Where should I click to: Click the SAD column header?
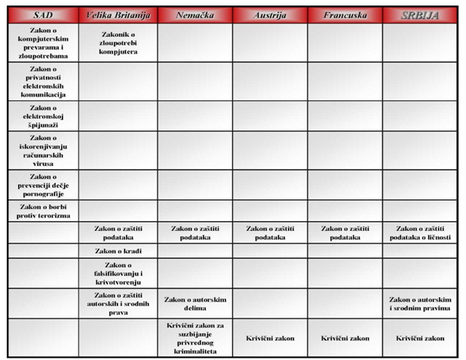(x=43, y=15)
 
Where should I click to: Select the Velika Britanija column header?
(x=118, y=15)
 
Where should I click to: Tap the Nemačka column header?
(x=195, y=15)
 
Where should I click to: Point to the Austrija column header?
(x=269, y=15)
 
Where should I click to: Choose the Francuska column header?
(x=345, y=15)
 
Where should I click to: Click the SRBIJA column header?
(x=420, y=15)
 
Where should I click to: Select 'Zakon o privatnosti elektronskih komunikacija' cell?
(x=43, y=81)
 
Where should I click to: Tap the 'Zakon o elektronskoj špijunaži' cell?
(x=43, y=115)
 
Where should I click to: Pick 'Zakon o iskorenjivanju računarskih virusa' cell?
(x=43, y=150)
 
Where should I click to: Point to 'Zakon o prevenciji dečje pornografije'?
(x=43, y=185)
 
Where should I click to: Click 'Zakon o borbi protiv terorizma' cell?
(x=43, y=211)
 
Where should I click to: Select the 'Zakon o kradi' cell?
(x=118, y=251)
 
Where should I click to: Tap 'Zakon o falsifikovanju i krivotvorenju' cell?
(x=118, y=272)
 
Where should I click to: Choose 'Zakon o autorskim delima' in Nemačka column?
(x=195, y=303)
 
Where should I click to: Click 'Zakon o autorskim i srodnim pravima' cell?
(x=420, y=303)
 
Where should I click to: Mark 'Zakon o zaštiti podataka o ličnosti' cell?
(x=420, y=232)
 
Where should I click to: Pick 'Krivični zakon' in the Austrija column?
(x=269, y=338)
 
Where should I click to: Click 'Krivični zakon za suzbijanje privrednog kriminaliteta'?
(x=195, y=337)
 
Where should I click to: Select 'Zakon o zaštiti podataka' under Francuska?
(x=345, y=232)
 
